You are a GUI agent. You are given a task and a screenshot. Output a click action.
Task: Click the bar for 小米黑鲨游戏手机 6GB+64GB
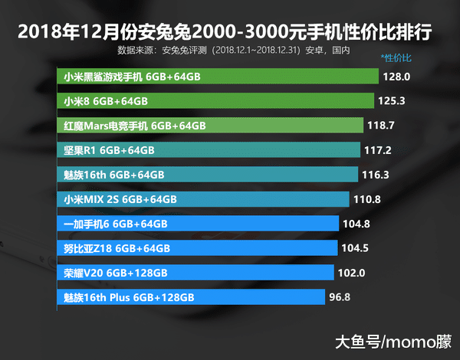click(x=218, y=77)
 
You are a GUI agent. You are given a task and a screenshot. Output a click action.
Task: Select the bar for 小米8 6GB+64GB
click(x=215, y=101)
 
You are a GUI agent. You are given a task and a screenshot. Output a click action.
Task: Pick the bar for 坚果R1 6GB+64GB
click(x=208, y=150)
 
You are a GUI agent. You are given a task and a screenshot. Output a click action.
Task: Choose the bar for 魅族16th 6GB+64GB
click(x=207, y=175)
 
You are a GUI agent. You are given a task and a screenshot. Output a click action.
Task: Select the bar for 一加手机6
click(x=198, y=224)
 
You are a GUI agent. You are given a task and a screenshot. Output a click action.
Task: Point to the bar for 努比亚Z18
click(x=197, y=248)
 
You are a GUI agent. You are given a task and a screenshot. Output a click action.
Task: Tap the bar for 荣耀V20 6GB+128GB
click(x=195, y=273)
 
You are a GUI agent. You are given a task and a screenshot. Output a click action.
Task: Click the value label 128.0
click(x=398, y=77)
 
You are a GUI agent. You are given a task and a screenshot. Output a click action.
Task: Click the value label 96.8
click(x=339, y=297)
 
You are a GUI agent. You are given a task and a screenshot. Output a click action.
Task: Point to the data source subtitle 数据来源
click(x=234, y=51)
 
